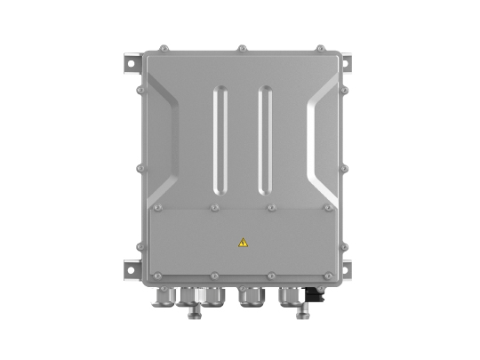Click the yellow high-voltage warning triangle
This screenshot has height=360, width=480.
point(243,241)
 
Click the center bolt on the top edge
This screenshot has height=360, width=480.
point(241,48)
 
